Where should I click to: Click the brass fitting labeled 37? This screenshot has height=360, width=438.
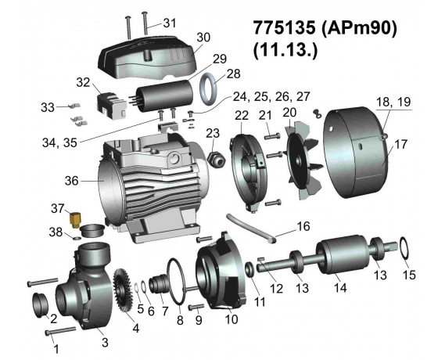pyautogui.click(x=75, y=220)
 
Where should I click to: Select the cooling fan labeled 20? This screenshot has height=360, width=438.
pyautogui.click(x=303, y=160)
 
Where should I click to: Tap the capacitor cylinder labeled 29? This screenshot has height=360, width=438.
pyautogui.click(x=161, y=95)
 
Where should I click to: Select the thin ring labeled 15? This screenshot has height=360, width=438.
pyautogui.click(x=405, y=248)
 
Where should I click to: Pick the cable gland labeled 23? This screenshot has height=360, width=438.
pyautogui.click(x=217, y=160)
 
